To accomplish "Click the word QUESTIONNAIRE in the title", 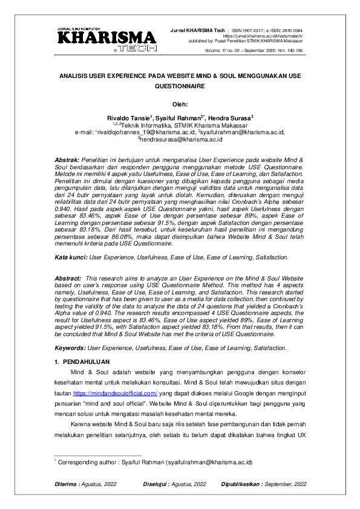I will click(180, 86).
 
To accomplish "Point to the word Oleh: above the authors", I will click(180, 103).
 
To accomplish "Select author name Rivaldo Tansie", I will click(127, 118).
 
